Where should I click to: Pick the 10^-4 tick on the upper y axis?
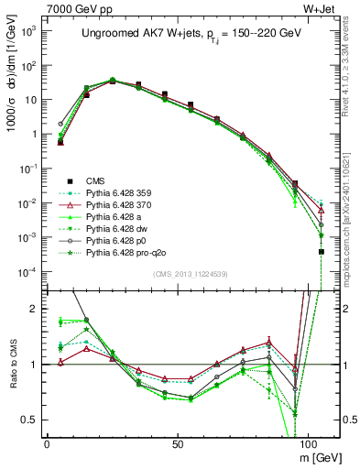click(x=27, y=271)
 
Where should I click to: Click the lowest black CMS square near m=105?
click(x=321, y=251)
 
